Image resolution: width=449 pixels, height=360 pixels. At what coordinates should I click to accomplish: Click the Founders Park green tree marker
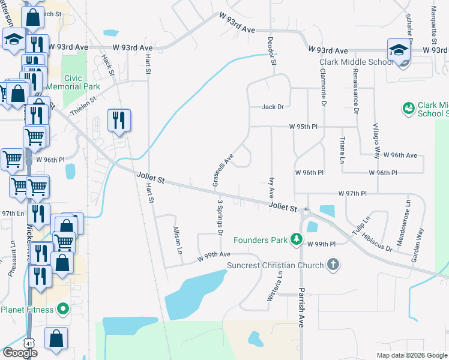[x=295, y=240]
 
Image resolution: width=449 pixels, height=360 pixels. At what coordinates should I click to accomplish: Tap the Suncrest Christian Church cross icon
[x=333, y=265]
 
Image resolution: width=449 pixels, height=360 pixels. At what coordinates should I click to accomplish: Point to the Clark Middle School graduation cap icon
[x=398, y=51]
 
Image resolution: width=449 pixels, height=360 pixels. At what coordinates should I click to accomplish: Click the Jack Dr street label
[x=273, y=107]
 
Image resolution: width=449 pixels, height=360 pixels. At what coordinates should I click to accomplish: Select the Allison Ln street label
[x=176, y=240]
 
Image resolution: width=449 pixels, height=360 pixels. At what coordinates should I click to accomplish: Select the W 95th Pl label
[x=303, y=127]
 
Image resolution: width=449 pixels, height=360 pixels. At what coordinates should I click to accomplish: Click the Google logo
[x=20, y=352]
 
